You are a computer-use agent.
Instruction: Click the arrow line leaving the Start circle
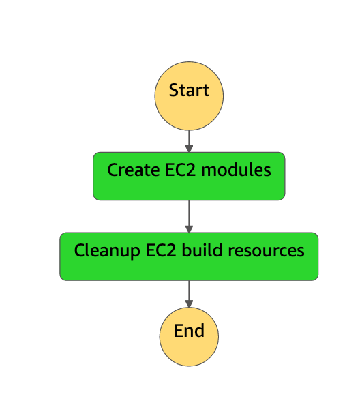click(189, 139)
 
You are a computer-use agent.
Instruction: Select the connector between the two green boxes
click(189, 215)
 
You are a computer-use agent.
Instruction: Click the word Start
click(189, 90)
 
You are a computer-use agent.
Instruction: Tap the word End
click(189, 331)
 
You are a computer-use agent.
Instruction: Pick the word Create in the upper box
click(130, 170)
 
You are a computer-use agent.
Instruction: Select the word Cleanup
click(103, 251)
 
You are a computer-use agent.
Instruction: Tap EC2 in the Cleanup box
click(159, 250)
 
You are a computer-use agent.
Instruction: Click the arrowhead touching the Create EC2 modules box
click(189, 149)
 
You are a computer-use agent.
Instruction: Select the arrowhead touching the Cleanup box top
click(189, 229)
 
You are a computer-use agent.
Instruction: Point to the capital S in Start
click(173, 90)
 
